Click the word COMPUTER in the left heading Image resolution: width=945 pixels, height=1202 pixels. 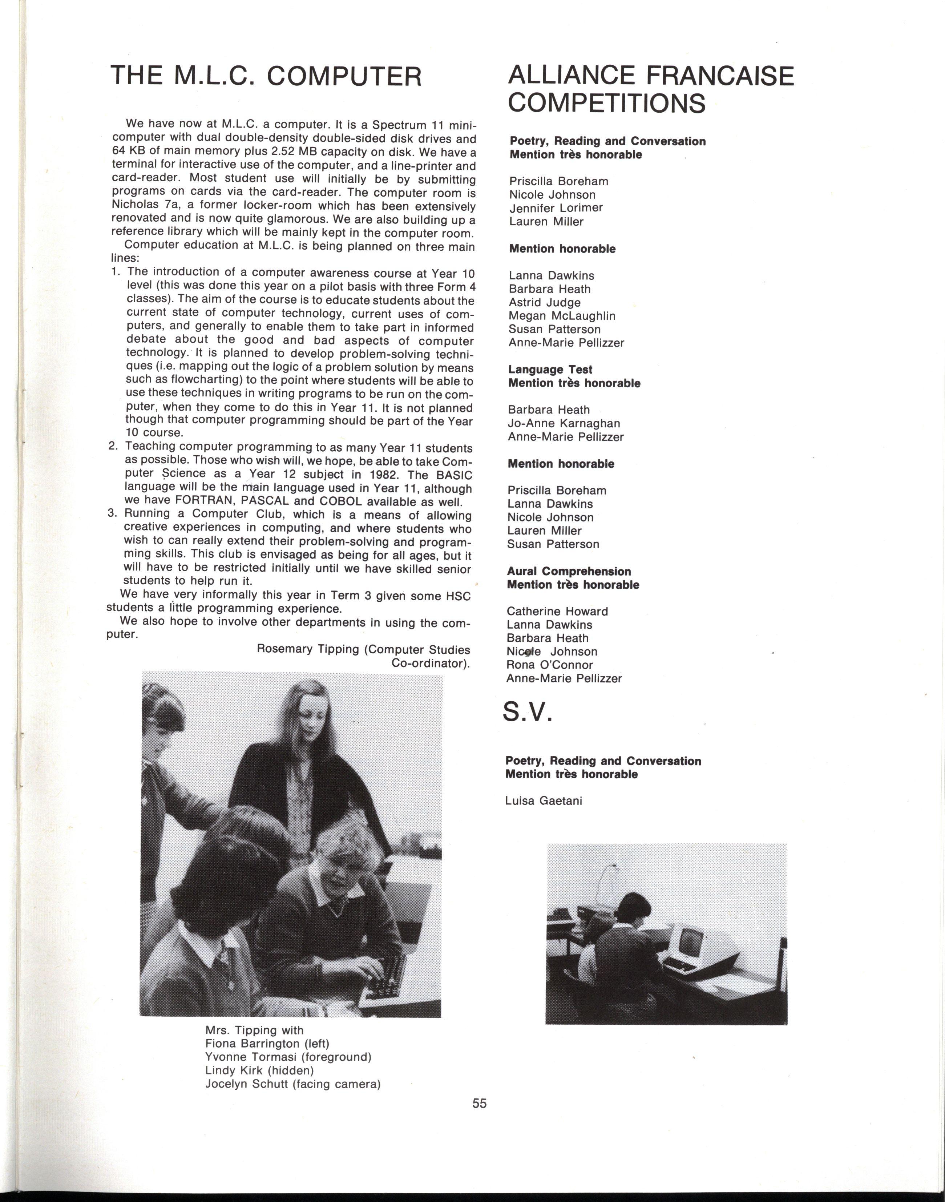(344, 76)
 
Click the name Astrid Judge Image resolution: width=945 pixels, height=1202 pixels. (544, 302)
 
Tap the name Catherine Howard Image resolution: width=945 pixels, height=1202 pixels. (557, 611)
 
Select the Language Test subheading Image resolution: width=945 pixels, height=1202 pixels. (550, 370)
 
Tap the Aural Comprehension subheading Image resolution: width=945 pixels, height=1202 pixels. (568, 571)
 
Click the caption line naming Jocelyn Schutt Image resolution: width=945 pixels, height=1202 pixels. (292, 1084)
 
